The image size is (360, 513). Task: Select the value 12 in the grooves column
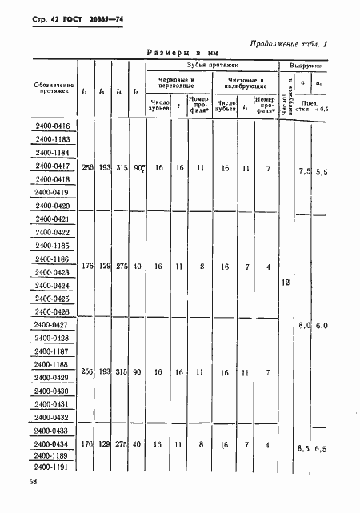(286, 283)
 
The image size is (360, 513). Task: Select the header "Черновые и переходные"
(174, 84)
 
